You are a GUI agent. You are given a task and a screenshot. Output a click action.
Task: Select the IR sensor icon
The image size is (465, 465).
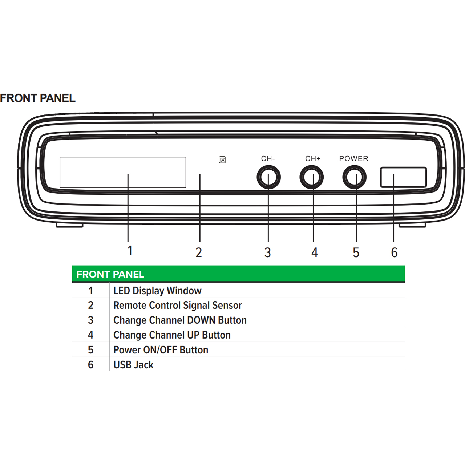[222, 160]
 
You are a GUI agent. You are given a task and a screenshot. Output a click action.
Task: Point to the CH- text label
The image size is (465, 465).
[268, 158]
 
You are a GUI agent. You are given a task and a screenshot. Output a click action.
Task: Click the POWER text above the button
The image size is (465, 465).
[354, 158]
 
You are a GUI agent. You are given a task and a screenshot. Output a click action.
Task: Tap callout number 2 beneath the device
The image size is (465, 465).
[199, 252]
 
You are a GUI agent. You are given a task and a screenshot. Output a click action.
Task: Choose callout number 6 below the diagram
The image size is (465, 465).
[394, 252]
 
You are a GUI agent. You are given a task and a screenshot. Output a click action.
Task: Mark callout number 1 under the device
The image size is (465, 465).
[130, 250]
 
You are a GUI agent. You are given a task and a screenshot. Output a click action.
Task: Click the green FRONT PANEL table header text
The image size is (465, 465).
[110, 274]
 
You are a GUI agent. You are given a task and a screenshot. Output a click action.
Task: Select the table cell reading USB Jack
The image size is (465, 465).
[133, 365]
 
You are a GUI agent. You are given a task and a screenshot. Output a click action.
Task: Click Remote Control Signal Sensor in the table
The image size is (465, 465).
[178, 305]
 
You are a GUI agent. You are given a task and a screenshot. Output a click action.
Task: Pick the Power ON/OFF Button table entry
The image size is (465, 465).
[161, 350]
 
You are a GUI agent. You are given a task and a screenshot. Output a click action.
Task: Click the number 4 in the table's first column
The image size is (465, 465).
[90, 335]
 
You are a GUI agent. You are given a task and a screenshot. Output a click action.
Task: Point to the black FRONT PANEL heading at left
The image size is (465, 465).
[38, 98]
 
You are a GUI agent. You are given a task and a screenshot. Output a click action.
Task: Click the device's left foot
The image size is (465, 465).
[69, 225]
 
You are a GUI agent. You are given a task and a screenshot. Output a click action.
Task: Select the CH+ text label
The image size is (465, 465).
[313, 158]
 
